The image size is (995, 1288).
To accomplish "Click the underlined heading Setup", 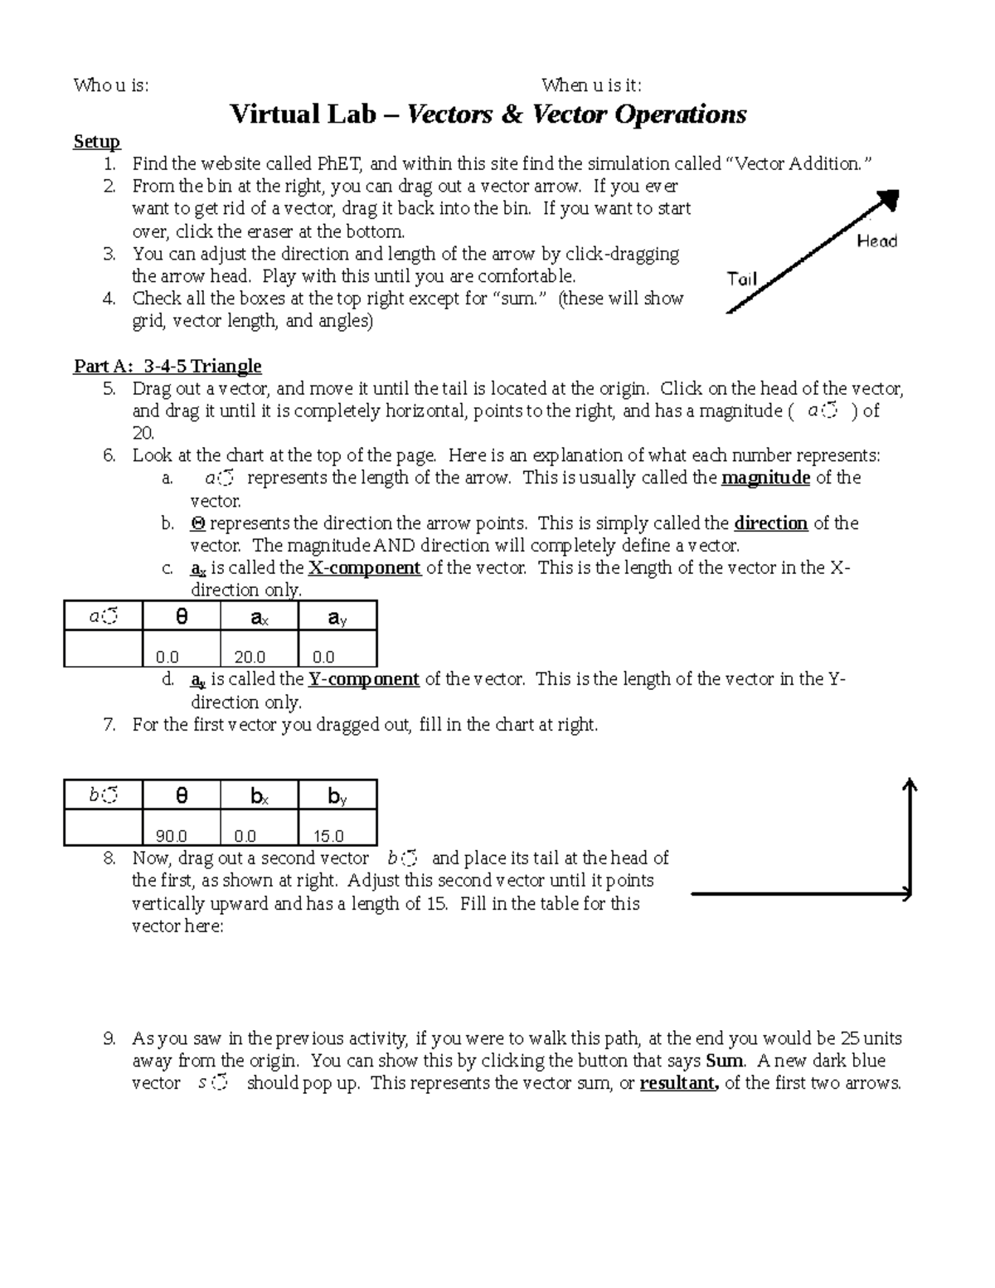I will point(97,142).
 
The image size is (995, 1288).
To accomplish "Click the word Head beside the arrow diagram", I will point(876,241).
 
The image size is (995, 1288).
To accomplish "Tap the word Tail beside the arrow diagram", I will point(742,279).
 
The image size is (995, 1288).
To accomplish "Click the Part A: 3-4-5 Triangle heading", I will point(167,366).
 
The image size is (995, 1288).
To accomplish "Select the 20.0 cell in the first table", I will point(250,657).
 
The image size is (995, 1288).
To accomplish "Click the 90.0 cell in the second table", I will point(172,836).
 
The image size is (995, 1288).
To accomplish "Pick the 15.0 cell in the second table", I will point(328,836).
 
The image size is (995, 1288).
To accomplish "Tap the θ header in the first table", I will point(182,617).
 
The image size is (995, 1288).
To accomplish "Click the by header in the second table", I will point(337,796).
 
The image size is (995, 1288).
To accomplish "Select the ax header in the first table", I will point(259,617).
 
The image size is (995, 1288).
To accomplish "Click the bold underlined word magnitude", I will point(765,478).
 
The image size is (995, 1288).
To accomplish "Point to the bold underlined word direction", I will point(771,523).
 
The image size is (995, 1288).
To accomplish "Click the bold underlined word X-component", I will point(365,568).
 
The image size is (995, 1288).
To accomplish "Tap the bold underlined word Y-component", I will point(363,679).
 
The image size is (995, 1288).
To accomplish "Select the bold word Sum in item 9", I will point(724,1061).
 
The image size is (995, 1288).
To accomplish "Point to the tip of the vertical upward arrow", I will point(910,782).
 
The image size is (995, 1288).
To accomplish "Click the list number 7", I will point(109,725).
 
